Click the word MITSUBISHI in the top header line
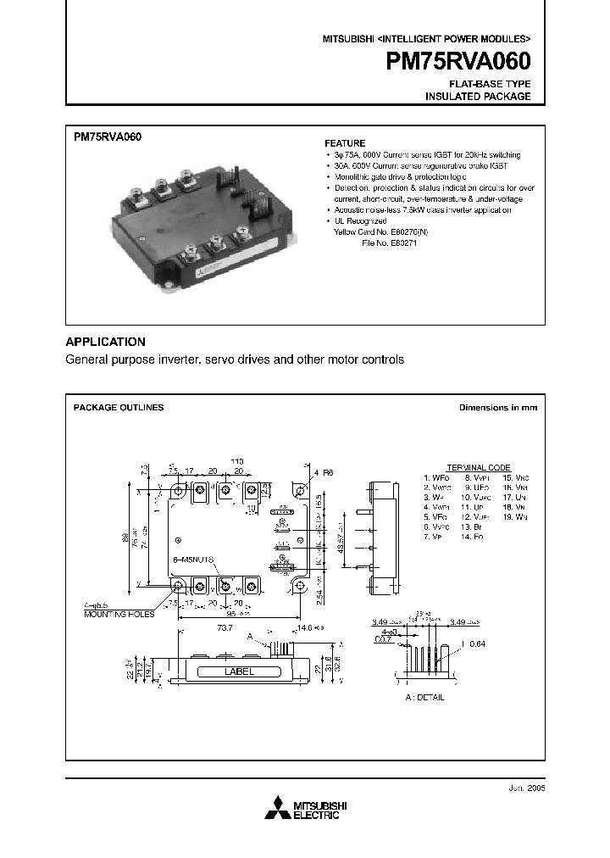tap(347, 39)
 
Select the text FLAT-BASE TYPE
tap(491, 85)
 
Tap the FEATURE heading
tap(346, 143)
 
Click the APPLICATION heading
tap(106, 342)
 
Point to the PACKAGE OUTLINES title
tap(119, 408)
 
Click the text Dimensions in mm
tap(498, 408)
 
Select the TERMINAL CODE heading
tap(479, 468)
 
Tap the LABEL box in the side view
tap(238, 672)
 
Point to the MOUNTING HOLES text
tap(119, 614)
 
